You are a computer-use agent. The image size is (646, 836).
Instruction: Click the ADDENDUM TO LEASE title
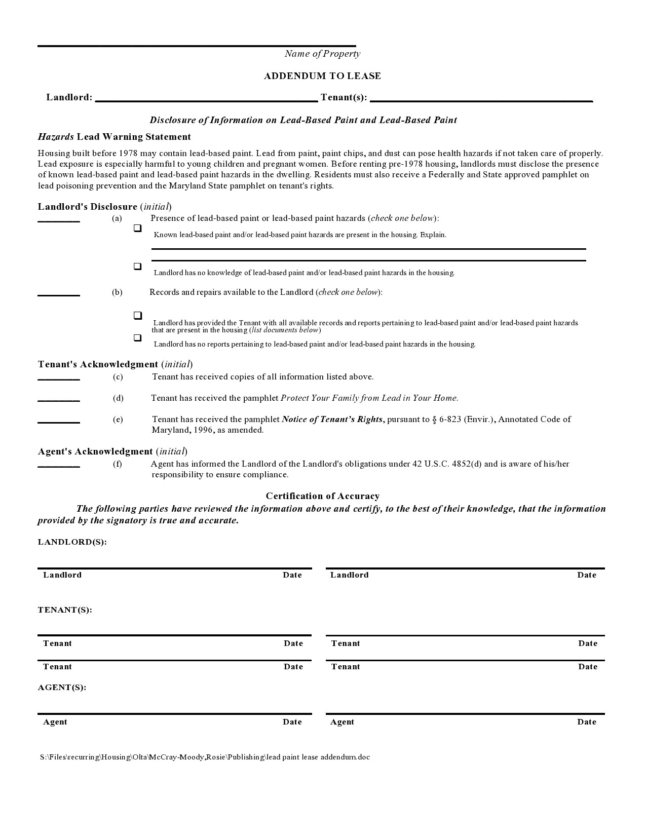click(322, 76)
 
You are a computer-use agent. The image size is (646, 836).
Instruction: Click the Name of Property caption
click(322, 54)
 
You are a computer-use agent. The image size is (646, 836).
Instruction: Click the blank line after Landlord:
click(206, 99)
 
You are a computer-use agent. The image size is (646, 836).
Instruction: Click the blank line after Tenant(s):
click(481, 99)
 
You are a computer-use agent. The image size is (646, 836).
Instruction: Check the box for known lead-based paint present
click(137, 229)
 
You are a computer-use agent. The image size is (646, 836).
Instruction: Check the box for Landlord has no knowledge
click(137, 267)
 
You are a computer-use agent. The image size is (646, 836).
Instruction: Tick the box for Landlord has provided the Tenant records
click(137, 316)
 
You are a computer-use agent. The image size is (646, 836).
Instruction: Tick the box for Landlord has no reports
click(137, 337)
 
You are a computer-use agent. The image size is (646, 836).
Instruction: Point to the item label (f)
click(118, 464)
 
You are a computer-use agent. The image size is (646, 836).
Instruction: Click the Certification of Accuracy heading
click(322, 496)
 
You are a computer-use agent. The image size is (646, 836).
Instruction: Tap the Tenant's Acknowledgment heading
click(98, 364)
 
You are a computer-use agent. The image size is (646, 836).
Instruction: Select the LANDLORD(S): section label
click(72, 542)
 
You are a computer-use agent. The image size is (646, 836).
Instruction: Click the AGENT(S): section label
click(62, 687)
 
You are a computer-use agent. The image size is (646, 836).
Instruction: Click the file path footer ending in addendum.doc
click(205, 757)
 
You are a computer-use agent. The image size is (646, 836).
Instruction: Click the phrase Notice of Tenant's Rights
click(332, 419)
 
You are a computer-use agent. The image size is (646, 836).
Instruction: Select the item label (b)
click(117, 292)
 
